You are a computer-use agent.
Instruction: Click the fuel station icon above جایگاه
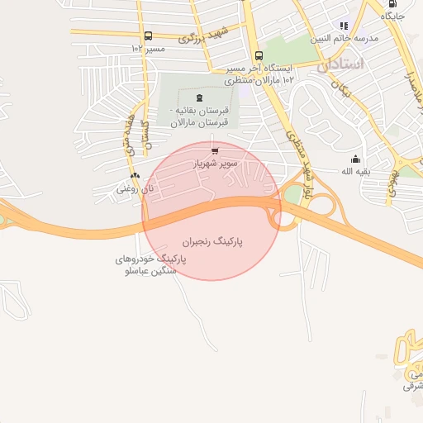[x=392, y=2]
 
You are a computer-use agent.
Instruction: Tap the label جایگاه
[x=393, y=16]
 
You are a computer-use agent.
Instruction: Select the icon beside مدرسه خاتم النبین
[x=344, y=26]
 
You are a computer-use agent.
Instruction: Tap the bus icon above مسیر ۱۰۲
[x=148, y=36]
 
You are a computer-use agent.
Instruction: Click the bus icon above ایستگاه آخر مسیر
[x=259, y=55]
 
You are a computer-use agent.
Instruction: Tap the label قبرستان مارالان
[x=192, y=122]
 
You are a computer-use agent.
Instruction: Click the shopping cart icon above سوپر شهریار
[x=216, y=150]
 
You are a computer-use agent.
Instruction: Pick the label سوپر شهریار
[x=216, y=164]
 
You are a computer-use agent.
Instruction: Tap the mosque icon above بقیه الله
[x=356, y=159]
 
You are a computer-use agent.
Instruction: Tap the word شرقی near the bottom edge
[x=412, y=385]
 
